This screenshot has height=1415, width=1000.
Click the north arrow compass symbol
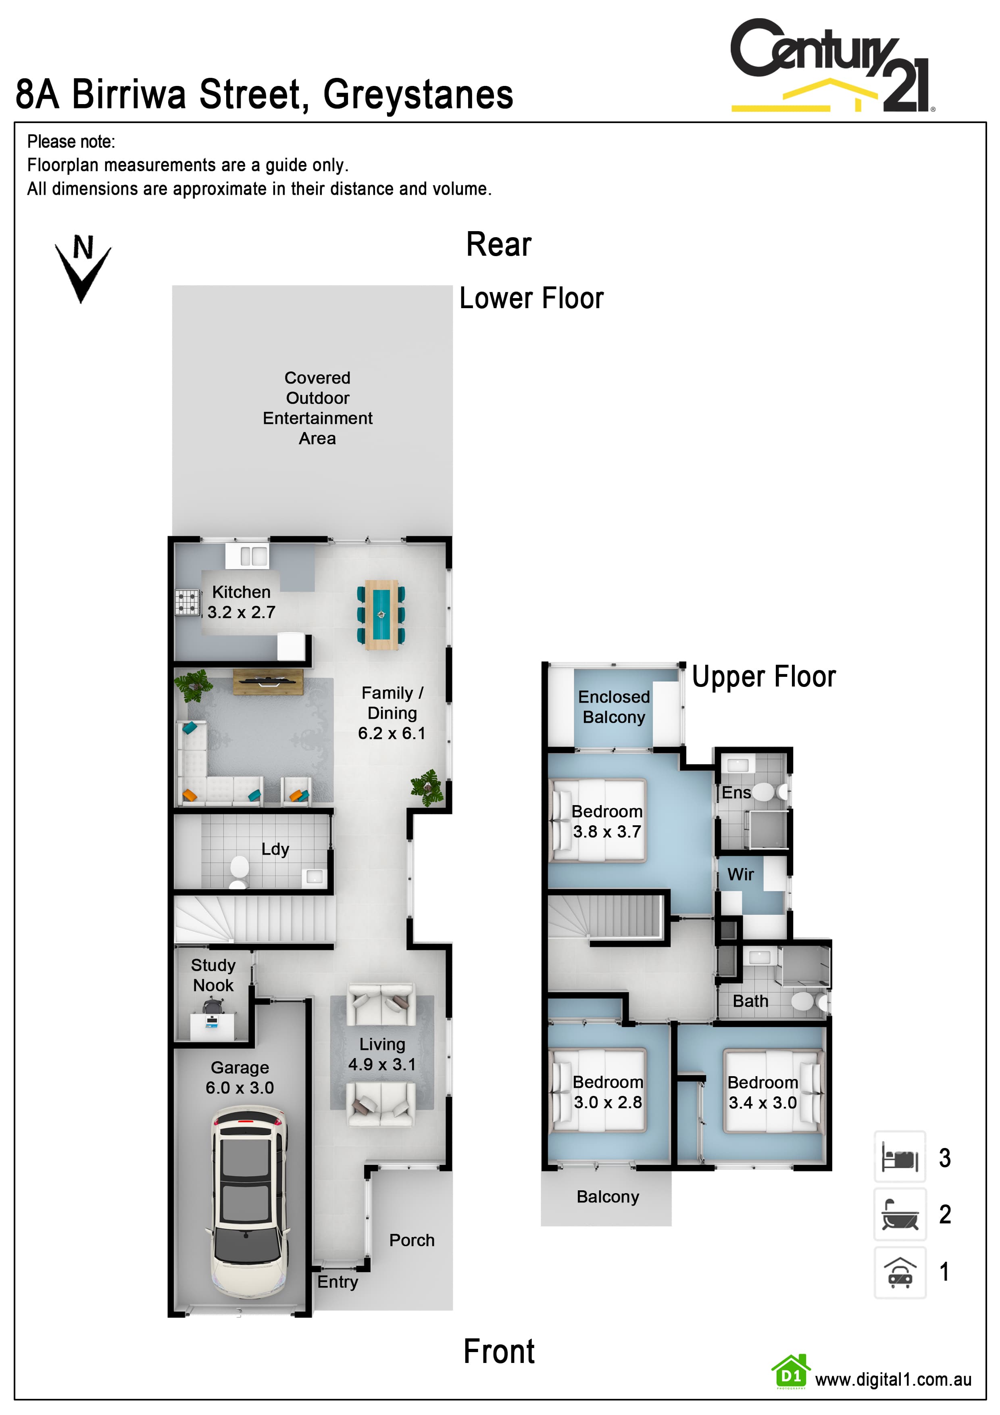click(83, 269)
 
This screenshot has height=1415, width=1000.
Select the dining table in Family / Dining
click(381, 614)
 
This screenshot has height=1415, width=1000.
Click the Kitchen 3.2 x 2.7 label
click(241, 602)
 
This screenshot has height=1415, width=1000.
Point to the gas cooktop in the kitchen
click(188, 603)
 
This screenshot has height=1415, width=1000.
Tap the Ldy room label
click(275, 849)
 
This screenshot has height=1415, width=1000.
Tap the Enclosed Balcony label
click(614, 707)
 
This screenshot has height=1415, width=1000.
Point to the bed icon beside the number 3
click(900, 1157)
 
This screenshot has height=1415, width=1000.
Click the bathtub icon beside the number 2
click(900, 1214)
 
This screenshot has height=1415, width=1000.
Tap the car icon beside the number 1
click(900, 1273)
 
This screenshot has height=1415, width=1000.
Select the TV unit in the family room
click(268, 682)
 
